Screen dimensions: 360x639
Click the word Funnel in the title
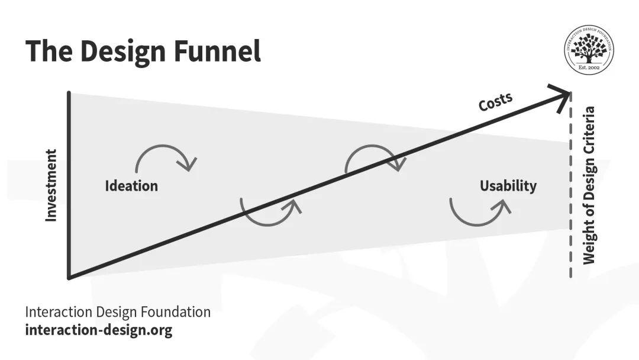217,51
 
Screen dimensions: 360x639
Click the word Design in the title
122,51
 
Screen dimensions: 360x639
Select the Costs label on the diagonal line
495,101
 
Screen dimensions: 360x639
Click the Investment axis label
51,185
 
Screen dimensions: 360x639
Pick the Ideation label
131,186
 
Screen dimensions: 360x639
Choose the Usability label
508,186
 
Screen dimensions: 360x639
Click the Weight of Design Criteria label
589,185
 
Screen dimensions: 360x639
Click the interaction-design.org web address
99,330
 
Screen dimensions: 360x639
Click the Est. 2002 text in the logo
589,67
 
